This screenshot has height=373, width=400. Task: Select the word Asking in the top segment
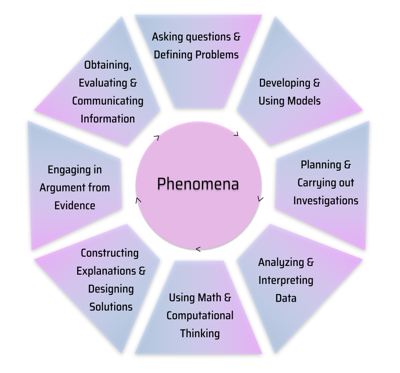(x=172, y=37)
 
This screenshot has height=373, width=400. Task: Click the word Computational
(x=201, y=315)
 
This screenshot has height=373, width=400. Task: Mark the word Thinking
(x=200, y=333)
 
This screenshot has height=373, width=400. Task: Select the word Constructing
(x=110, y=253)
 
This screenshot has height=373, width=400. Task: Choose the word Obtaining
(x=109, y=65)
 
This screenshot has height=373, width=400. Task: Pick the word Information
(x=109, y=118)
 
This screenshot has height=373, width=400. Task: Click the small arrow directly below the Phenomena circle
(x=198, y=249)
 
